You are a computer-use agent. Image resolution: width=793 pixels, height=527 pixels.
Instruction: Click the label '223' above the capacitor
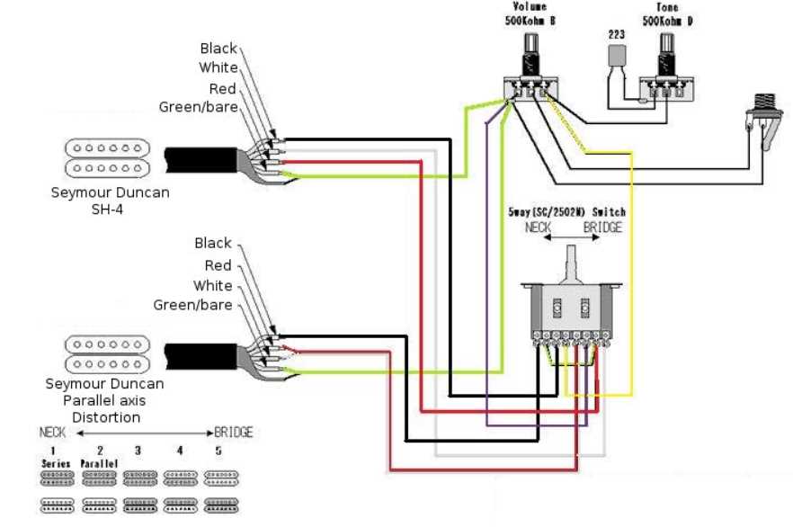(616, 33)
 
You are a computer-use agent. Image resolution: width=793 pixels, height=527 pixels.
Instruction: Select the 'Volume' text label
(530, 5)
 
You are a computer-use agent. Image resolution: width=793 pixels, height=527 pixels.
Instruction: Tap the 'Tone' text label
(666, 5)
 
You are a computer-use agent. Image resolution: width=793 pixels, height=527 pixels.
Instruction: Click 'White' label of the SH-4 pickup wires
(218, 67)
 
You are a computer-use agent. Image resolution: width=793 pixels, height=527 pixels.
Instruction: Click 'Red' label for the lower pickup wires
(218, 265)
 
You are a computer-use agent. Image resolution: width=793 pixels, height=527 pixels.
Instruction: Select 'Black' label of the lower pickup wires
(213, 244)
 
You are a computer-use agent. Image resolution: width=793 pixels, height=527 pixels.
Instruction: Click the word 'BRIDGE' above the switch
(602, 228)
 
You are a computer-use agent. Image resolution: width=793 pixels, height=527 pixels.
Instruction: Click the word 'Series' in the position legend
(54, 463)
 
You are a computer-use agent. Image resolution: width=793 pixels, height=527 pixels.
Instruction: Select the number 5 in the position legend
(218, 450)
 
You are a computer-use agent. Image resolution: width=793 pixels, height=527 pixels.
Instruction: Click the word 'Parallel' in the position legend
(99, 463)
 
